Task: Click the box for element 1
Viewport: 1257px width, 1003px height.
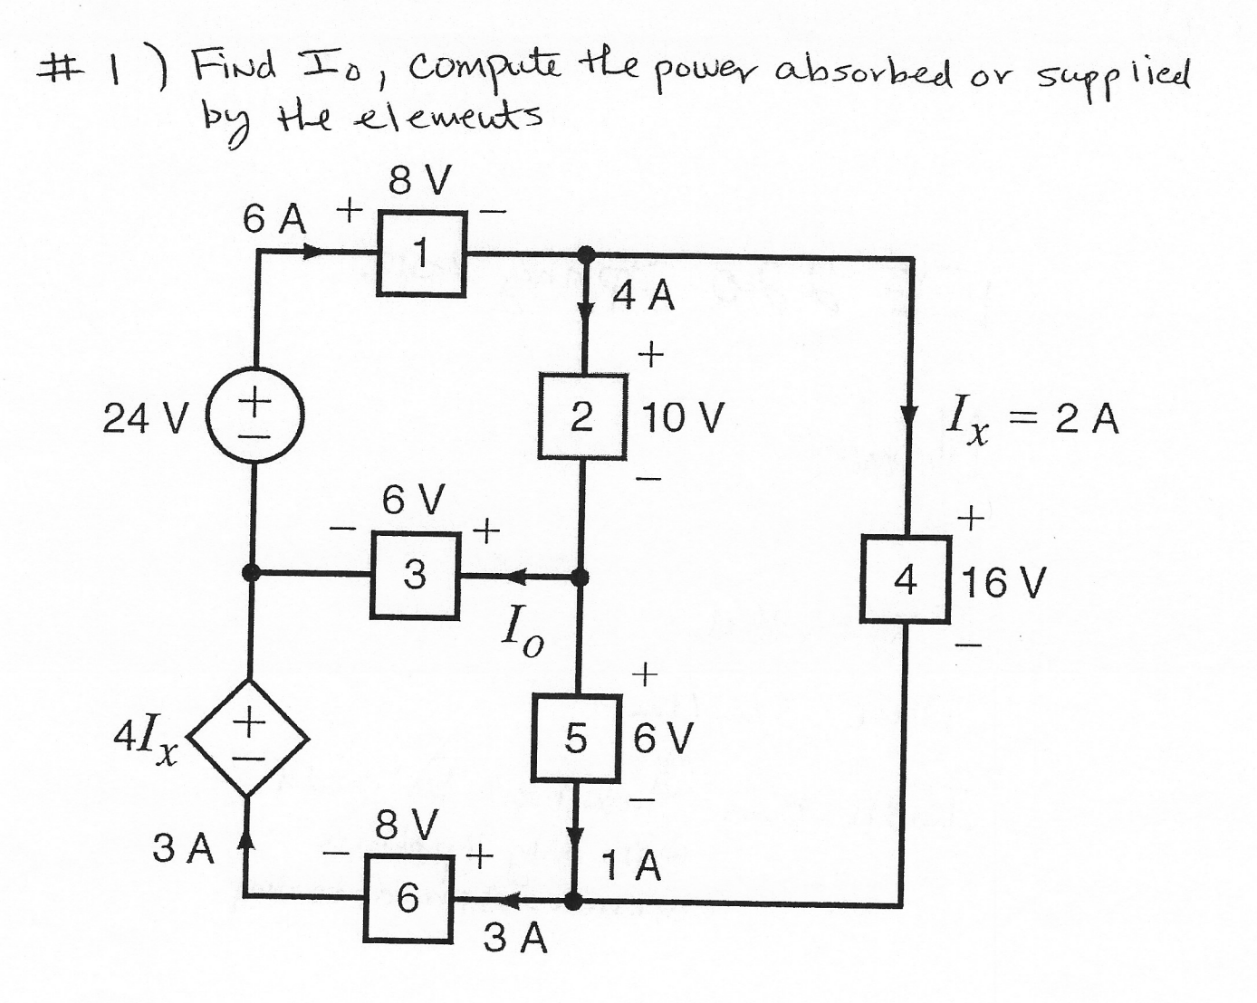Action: tap(422, 253)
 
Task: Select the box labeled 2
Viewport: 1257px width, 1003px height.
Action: tap(583, 416)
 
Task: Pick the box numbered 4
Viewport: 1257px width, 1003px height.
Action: tap(905, 579)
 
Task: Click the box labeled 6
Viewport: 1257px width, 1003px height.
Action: tap(408, 898)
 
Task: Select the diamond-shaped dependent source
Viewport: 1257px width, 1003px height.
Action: tap(248, 739)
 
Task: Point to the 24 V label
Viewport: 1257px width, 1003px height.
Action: tap(145, 418)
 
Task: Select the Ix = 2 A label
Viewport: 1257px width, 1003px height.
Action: tap(1032, 421)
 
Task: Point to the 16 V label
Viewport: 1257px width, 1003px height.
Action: tap(1003, 583)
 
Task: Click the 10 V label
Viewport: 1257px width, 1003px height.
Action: tap(683, 418)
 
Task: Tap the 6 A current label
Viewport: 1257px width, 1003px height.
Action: tap(274, 219)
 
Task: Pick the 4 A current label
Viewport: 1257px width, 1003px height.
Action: tap(644, 297)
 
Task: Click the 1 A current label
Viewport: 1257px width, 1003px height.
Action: tap(632, 867)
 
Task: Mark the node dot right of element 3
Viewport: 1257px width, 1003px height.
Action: tap(581, 577)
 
